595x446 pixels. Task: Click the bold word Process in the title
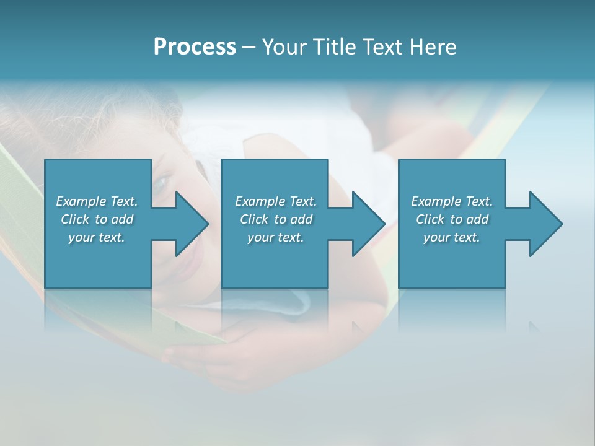pos(195,47)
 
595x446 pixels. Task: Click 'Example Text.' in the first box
pos(97,201)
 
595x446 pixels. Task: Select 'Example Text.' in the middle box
pos(276,201)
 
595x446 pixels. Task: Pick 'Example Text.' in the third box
pos(452,201)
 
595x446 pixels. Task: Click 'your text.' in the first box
pos(97,237)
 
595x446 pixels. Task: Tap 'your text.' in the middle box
pos(276,237)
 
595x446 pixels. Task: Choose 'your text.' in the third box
pos(452,237)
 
